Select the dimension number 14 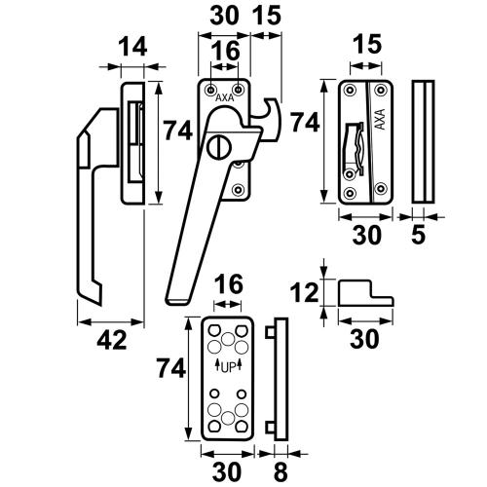click(x=132, y=48)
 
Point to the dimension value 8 click(x=280, y=470)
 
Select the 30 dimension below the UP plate click(x=226, y=470)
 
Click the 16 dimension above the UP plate click(x=225, y=283)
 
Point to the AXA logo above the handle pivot click(x=225, y=98)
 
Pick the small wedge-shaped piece click(x=364, y=293)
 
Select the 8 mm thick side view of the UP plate click(x=280, y=381)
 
